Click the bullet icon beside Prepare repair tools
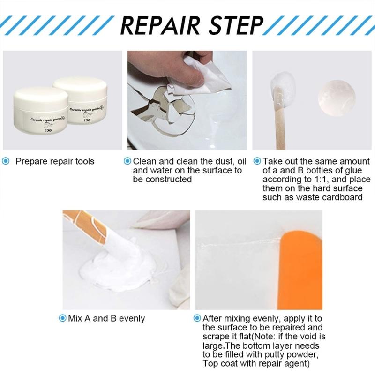click(x=6, y=161)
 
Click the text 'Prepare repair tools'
click(x=55, y=161)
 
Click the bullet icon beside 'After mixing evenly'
click(x=197, y=318)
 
